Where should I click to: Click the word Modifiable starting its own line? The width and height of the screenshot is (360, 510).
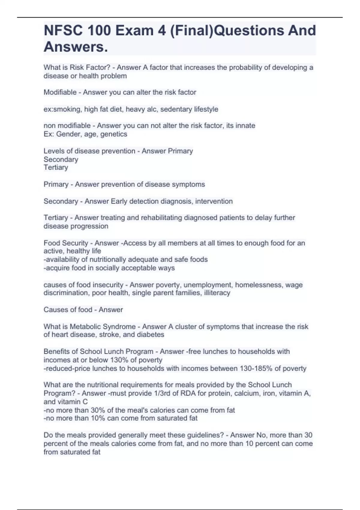pyautogui.click(x=60, y=92)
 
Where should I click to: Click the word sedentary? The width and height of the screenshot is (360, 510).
pyautogui.click(x=175, y=109)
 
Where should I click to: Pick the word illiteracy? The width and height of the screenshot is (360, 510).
pyautogui.click(x=217, y=293)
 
